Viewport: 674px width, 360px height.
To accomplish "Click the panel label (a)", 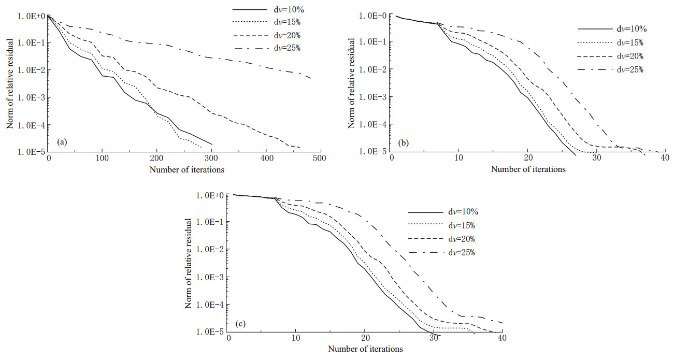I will [x=61, y=141].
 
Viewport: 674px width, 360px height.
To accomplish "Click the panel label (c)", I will [x=240, y=324].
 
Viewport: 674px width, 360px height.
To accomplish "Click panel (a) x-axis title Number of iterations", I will [x=187, y=169].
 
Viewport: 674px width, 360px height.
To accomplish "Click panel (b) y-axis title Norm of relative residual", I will [x=352, y=83].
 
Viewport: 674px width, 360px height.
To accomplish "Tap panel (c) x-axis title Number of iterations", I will [x=365, y=349].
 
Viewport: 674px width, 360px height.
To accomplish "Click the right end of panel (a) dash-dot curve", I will [x=311, y=79].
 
